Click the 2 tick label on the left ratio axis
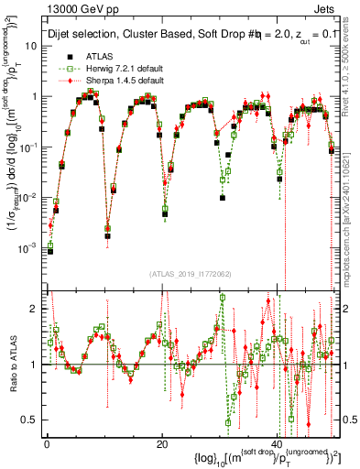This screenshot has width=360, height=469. [36, 309]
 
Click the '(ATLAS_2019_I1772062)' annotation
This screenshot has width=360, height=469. [190, 273]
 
